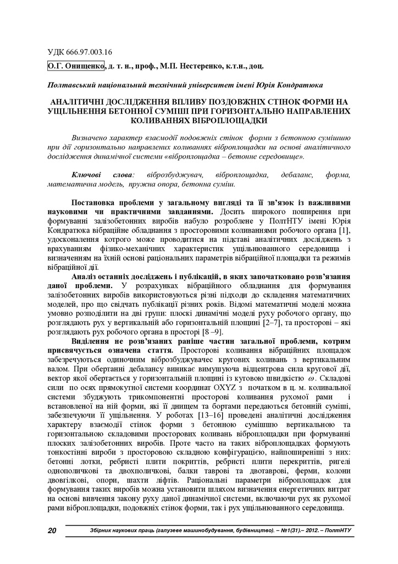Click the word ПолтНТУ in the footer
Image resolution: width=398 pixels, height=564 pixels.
pyautogui.click(x=338, y=531)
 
